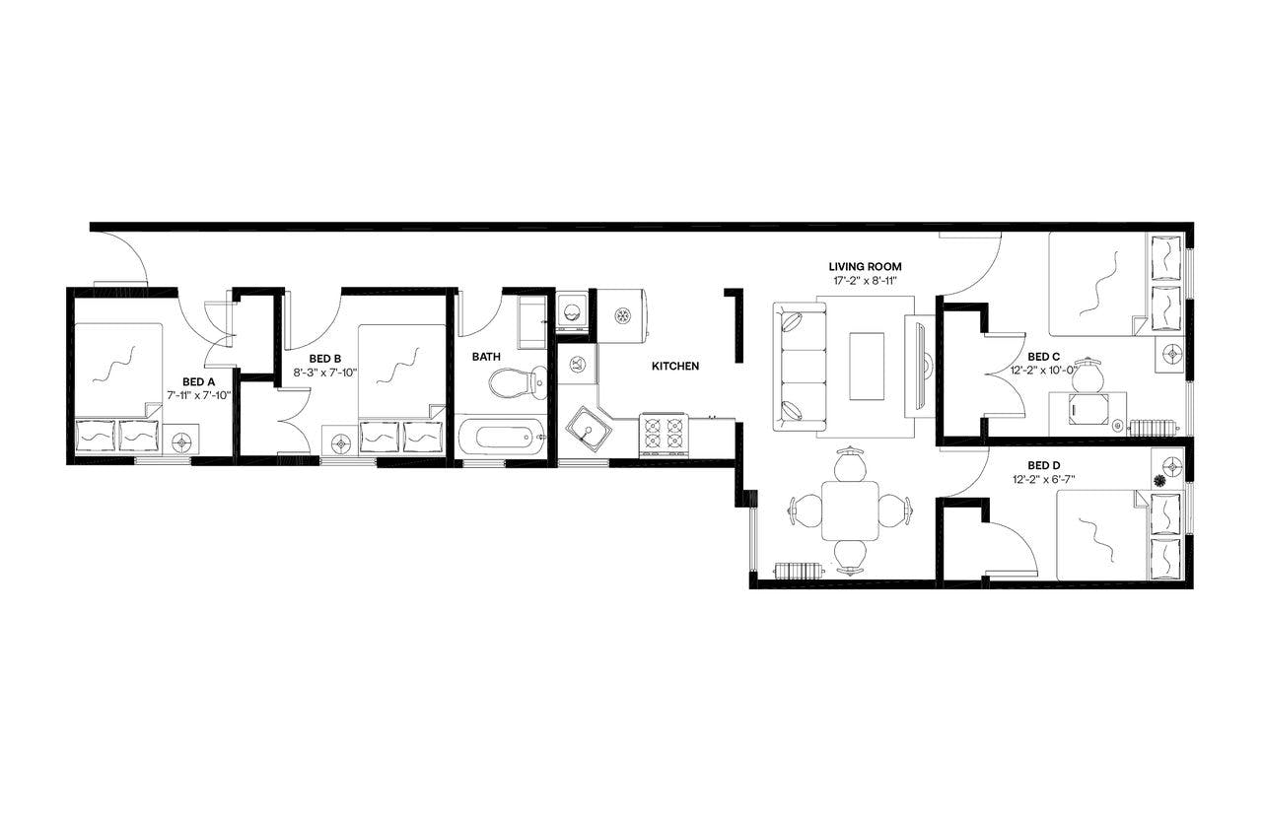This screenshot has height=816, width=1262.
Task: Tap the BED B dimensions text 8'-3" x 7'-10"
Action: [324, 373]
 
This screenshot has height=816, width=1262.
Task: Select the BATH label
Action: [486, 356]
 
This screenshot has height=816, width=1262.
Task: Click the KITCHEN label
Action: [675, 366]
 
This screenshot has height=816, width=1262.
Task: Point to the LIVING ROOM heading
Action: [865, 266]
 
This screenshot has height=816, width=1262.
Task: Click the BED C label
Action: [1043, 356]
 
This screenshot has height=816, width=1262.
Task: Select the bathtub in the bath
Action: [501, 435]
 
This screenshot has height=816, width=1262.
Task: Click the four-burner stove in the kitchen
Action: [663, 434]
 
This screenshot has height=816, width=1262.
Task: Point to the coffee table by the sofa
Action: [867, 366]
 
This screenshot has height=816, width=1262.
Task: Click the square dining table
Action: [850, 510]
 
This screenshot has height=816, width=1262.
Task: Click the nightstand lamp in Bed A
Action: [181, 442]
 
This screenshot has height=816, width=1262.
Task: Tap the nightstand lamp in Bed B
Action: [341, 442]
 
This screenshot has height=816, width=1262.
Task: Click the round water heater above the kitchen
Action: [622, 315]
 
